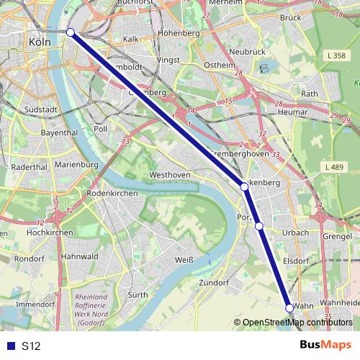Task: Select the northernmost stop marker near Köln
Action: [70, 32]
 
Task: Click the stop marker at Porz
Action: [259, 226]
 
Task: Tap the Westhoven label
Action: [167, 175]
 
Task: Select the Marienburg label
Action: [76, 165]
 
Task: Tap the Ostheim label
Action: [219, 66]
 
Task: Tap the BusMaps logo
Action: [325, 346]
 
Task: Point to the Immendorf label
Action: [35, 305]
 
